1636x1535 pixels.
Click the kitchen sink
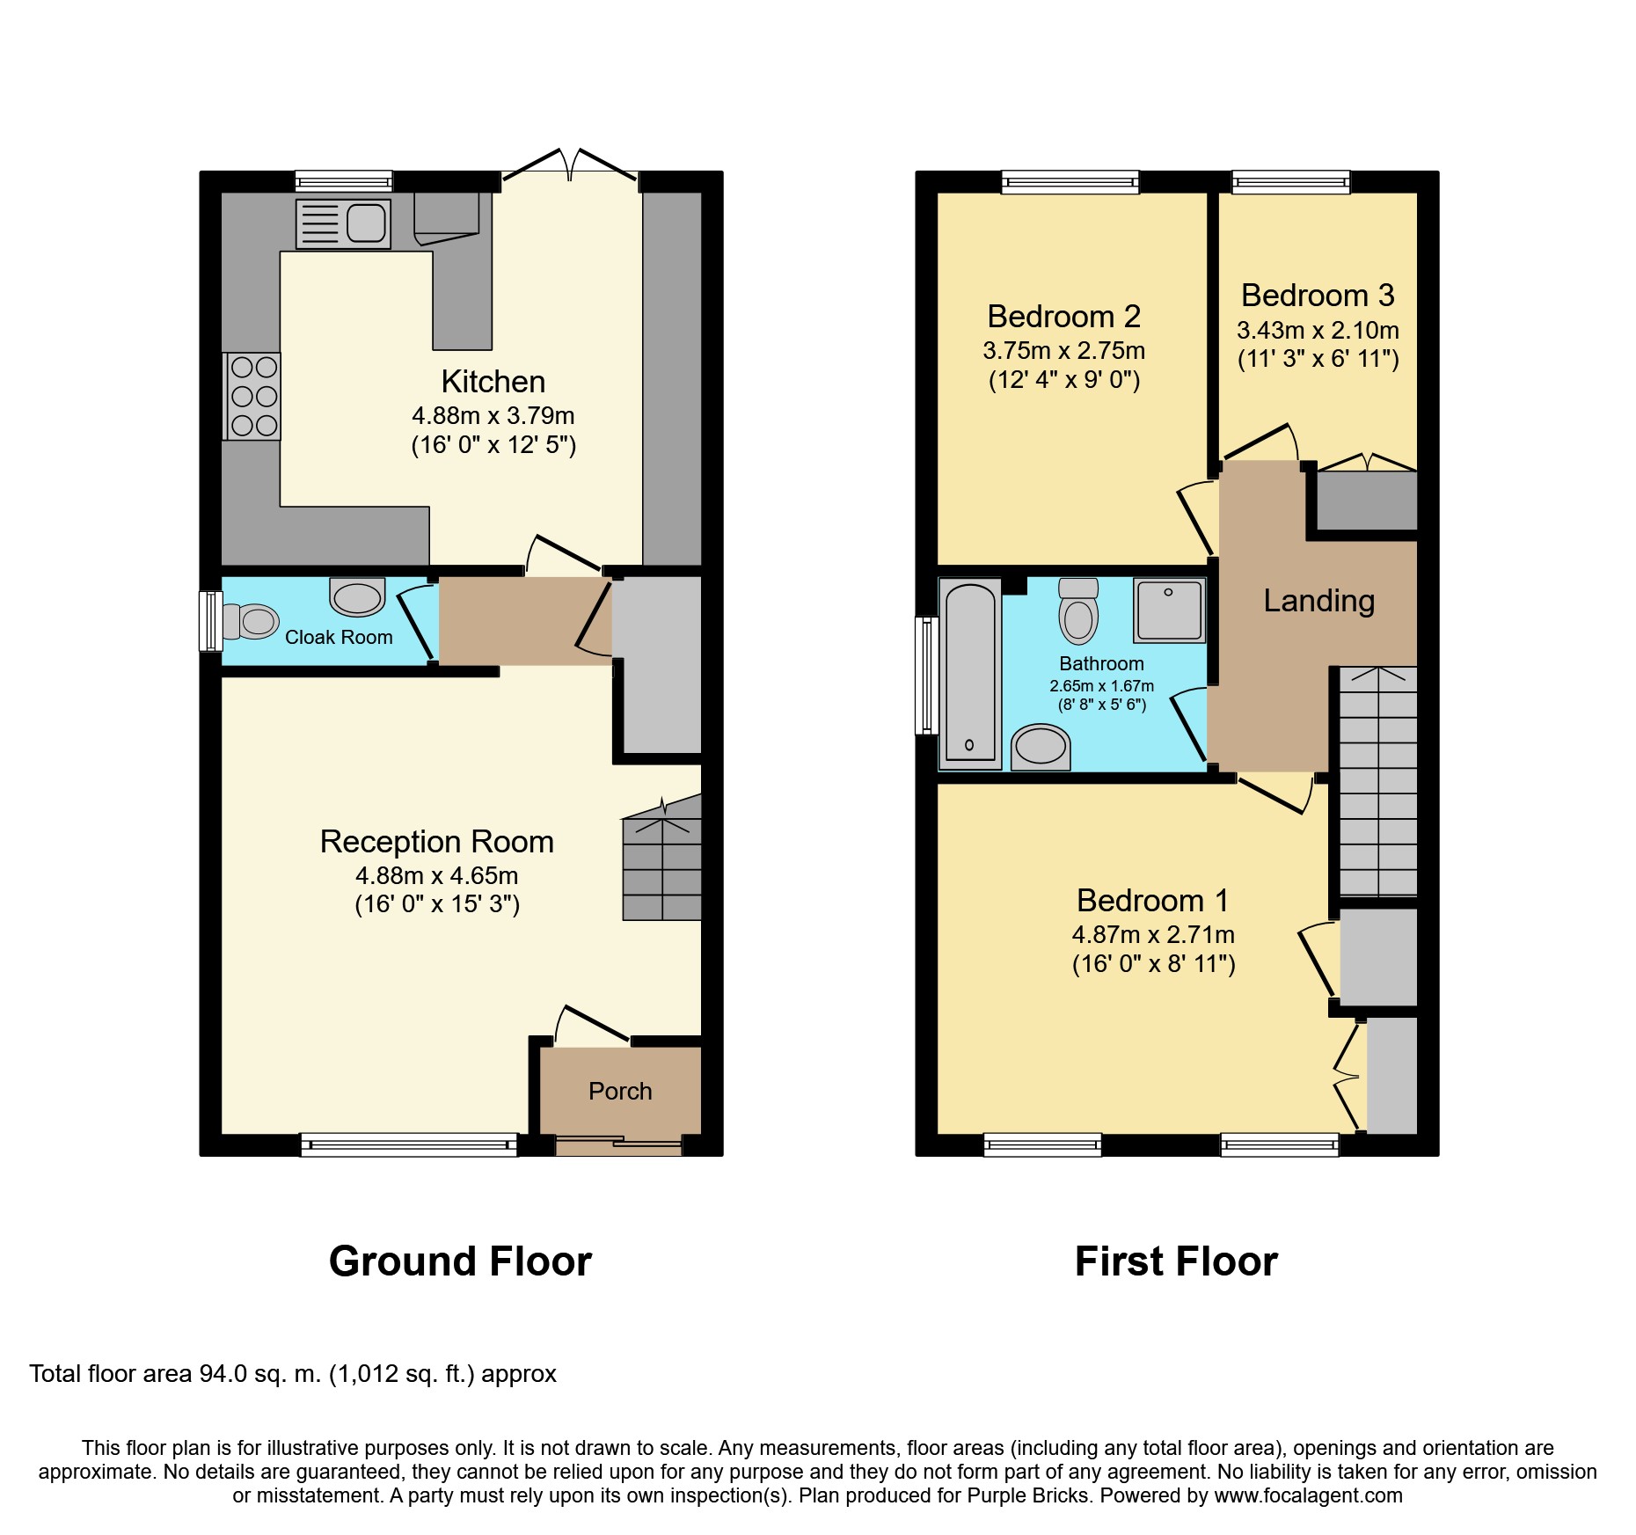[343, 223]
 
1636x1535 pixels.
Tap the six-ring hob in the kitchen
[253, 396]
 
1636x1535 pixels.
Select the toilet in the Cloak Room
[250, 621]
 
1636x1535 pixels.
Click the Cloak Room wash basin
[357, 596]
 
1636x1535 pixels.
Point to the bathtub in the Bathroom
[970, 673]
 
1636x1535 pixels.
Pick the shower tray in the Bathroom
[1169, 610]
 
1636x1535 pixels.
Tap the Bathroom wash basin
[1041, 748]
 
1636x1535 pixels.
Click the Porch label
[620, 1091]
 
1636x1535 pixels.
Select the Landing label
[1318, 601]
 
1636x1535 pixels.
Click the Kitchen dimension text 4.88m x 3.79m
[493, 415]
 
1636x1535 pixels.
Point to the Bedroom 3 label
[1318, 295]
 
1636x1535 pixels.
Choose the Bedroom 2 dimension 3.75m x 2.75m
[1064, 350]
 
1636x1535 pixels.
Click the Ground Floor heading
[460, 1261]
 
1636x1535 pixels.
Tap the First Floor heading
[1176, 1261]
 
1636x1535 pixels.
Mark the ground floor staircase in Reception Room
[661, 858]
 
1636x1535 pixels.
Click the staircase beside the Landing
[1377, 781]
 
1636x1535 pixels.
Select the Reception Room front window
[409, 1144]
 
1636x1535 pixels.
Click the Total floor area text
[293, 1374]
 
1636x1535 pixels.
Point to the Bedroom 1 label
[1152, 900]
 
